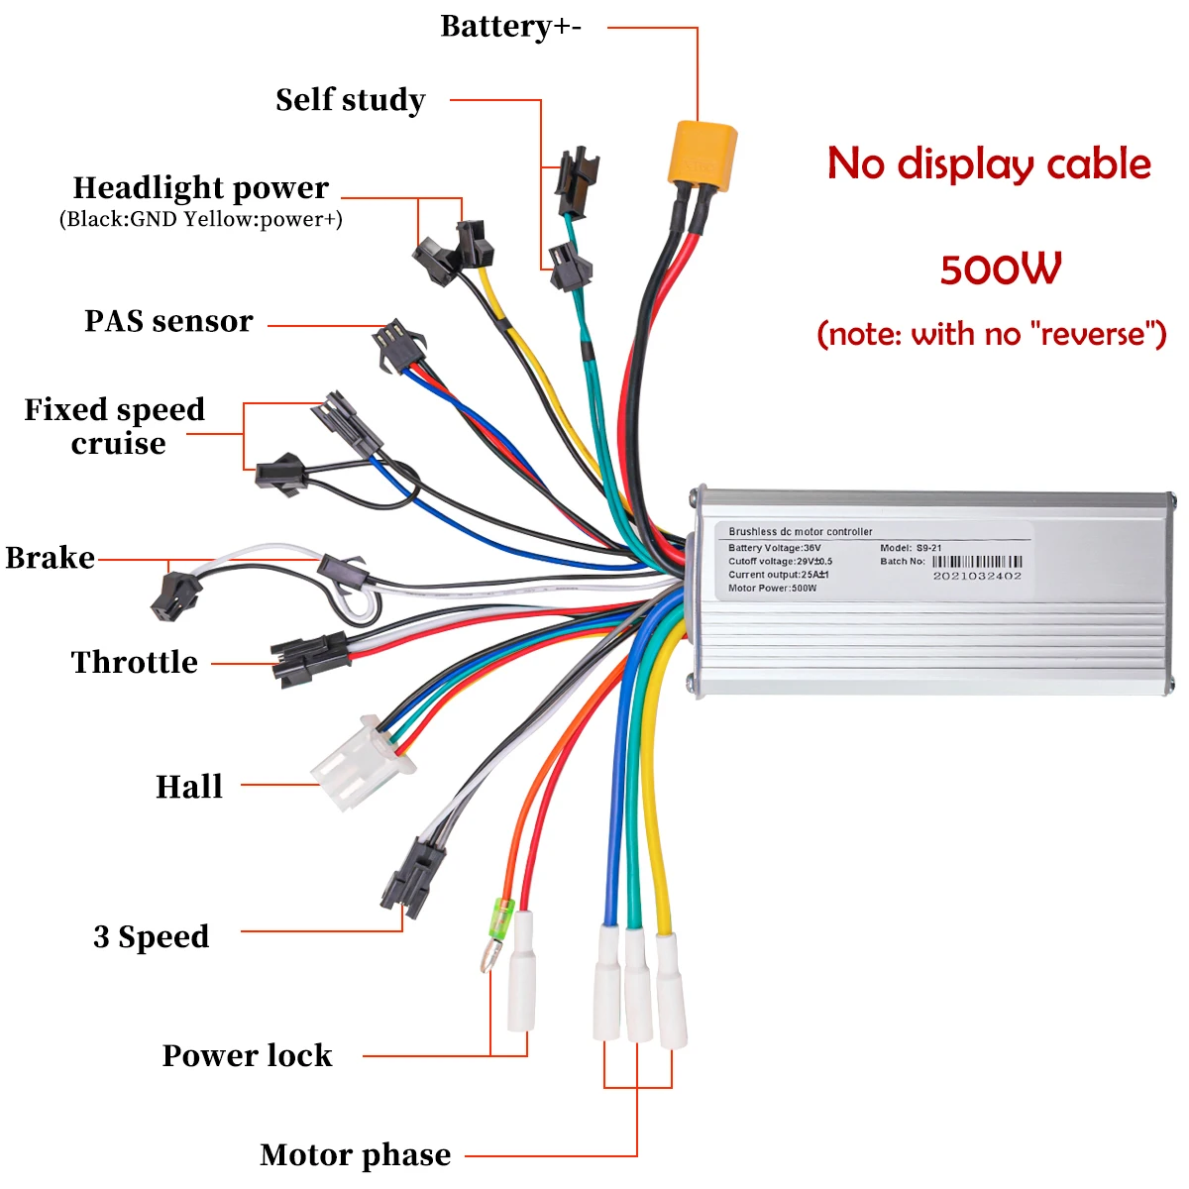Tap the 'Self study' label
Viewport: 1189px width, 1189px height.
pos(351,100)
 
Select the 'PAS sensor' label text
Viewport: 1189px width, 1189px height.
pos(168,321)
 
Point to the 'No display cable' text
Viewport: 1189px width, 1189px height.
pos(989,163)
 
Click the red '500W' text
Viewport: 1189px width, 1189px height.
pos(1001,270)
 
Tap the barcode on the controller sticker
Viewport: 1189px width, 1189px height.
pos(976,562)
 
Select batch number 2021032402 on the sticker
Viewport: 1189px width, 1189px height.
pos(977,576)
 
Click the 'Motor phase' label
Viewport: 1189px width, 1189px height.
pos(355,1154)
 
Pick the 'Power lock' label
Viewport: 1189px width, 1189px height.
pos(248,1055)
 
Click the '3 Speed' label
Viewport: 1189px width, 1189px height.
pos(152,936)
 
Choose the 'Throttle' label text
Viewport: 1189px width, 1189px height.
pos(135,662)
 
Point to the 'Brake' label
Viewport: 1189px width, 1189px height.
pos(51,558)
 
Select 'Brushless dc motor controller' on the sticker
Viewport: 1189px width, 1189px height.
pos(801,532)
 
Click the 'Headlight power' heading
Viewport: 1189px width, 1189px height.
pos(201,187)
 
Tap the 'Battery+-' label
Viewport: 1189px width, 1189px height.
pos(510,27)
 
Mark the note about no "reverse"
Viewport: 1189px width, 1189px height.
pos(991,334)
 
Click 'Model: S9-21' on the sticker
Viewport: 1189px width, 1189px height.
pos(911,548)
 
